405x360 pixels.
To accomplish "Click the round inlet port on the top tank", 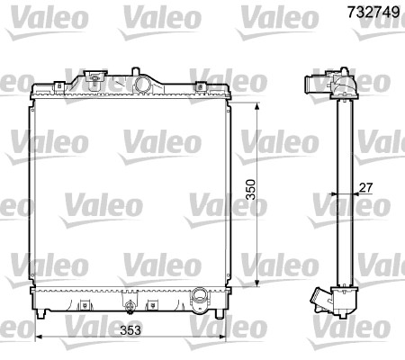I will (x=143, y=84).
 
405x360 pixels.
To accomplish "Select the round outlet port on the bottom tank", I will (x=201, y=294).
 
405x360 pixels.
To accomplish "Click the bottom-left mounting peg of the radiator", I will (x=41, y=314).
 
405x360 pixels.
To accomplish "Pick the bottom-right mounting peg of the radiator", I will (x=220, y=314).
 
